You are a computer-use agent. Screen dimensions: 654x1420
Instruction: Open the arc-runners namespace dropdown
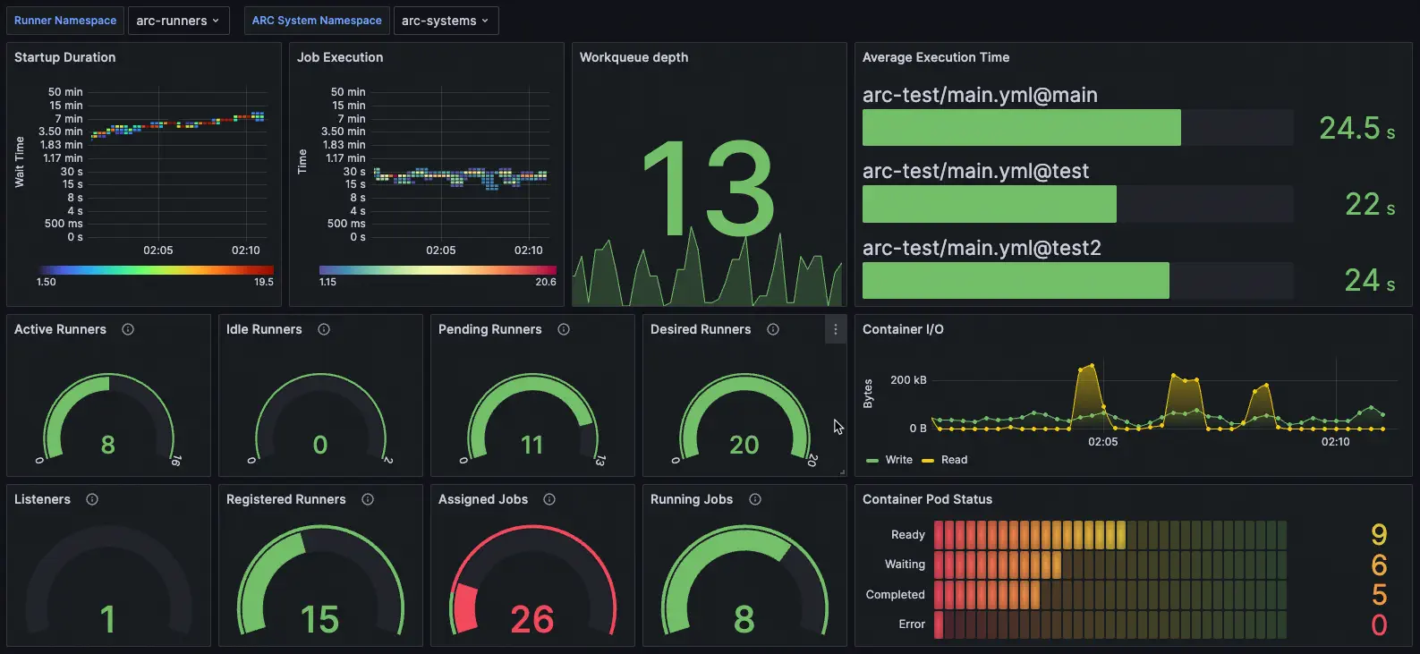pos(178,21)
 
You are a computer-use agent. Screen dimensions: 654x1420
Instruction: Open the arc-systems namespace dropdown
pos(445,21)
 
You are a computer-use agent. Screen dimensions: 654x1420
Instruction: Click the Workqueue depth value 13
pos(708,189)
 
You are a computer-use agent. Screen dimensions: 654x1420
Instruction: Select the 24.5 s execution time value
pos(1356,129)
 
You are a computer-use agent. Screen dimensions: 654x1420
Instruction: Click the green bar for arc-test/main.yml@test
pos(989,204)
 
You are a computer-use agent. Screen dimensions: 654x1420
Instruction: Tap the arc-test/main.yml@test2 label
pos(981,248)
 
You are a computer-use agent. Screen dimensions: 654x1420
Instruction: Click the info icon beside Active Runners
pos(128,329)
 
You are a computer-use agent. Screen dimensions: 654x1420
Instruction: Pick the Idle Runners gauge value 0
pos(320,445)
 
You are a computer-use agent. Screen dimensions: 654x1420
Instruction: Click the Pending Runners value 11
pos(531,445)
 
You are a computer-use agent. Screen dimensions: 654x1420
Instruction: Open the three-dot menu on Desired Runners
pos(835,329)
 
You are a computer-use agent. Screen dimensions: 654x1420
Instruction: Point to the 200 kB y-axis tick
pos(907,380)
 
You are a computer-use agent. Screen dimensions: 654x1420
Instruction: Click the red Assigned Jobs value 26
pos(531,619)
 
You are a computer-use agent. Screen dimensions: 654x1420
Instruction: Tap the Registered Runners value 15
pos(319,619)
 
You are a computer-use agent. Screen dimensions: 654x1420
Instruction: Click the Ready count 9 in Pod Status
pos(1378,535)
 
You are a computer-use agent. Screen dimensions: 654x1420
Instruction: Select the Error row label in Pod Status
pos(911,624)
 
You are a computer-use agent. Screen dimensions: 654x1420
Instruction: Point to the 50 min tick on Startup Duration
pos(65,92)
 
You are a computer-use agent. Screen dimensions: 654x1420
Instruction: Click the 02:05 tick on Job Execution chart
pos(440,251)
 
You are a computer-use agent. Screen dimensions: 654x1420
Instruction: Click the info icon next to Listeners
pos(92,499)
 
